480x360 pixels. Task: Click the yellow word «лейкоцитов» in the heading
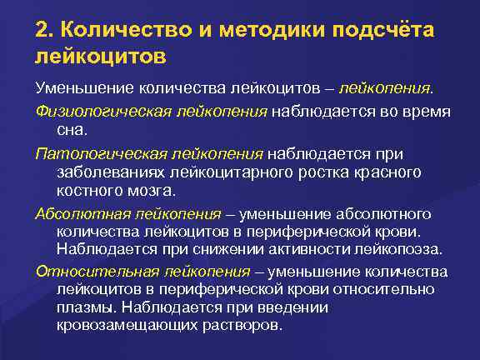point(100,57)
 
